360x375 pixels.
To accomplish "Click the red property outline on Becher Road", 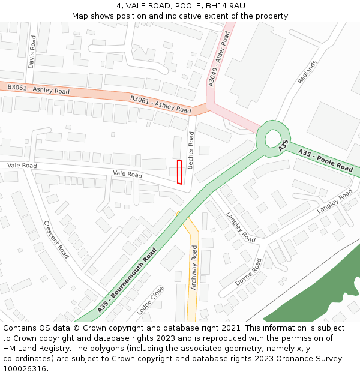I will pos(179,172).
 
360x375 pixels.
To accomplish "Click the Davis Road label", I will pos(32,52).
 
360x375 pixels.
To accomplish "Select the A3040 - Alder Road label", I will pos(219,60).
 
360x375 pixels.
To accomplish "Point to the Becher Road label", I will pos(191,150).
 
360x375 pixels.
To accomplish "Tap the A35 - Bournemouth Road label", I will pos(127,280).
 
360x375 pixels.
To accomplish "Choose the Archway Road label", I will pos(194,268).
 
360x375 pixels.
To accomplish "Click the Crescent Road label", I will pos(56,239).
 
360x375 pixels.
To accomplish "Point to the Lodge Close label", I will pos(150,301).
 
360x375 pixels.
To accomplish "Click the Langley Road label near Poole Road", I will pos(335,201).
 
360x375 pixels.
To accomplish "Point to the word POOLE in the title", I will pos(175,6).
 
